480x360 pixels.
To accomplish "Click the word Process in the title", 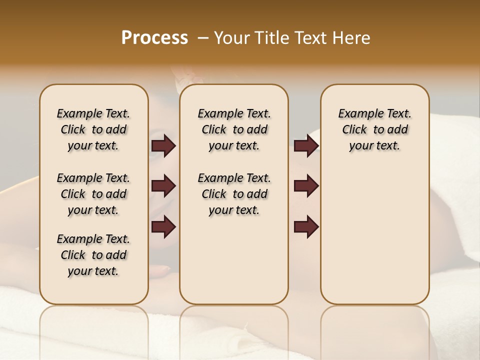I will (x=154, y=37).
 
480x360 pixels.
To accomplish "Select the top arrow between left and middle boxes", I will (x=163, y=146).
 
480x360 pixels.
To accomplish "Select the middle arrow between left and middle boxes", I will (x=163, y=186).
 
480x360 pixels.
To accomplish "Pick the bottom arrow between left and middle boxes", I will (x=163, y=227).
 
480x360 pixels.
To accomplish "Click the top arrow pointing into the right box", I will (x=306, y=146).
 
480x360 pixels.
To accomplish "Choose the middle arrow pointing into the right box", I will (x=306, y=186).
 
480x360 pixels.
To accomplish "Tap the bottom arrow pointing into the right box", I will (x=306, y=227).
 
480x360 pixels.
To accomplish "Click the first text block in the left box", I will (x=93, y=129).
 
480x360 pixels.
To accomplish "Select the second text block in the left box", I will (x=93, y=194).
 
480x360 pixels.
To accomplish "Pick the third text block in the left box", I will (x=93, y=255).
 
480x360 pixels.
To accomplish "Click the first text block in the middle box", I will (x=234, y=129).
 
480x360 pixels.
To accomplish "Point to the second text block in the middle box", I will (x=234, y=194).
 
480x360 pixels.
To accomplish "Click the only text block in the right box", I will (x=374, y=129).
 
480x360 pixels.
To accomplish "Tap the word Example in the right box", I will (x=357, y=114).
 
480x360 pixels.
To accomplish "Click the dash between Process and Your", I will (x=203, y=38).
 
